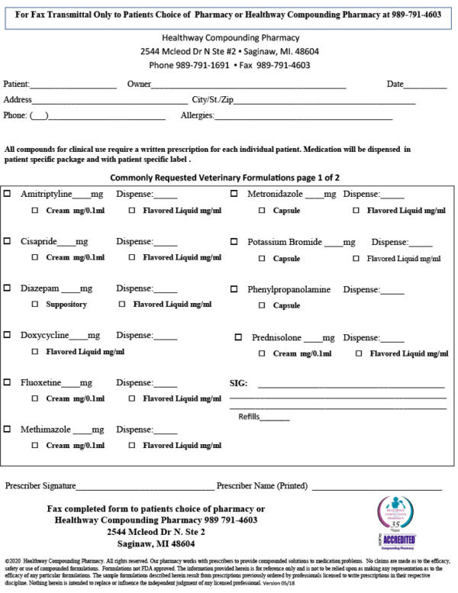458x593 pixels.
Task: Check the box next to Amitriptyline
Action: [8, 195]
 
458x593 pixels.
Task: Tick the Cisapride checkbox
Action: [8, 241]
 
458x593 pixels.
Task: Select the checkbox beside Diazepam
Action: [8, 288]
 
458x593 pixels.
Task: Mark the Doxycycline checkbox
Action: [8, 335]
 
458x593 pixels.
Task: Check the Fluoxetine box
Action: [8, 382]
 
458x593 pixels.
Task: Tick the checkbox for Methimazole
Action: [8, 429]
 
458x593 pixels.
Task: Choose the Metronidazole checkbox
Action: [234, 195]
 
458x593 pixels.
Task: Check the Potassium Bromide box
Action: [234, 241]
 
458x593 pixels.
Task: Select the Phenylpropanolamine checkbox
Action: [234, 289]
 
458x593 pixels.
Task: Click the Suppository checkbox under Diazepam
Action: [35, 305]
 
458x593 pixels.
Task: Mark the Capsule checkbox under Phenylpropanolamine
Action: [262, 305]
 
